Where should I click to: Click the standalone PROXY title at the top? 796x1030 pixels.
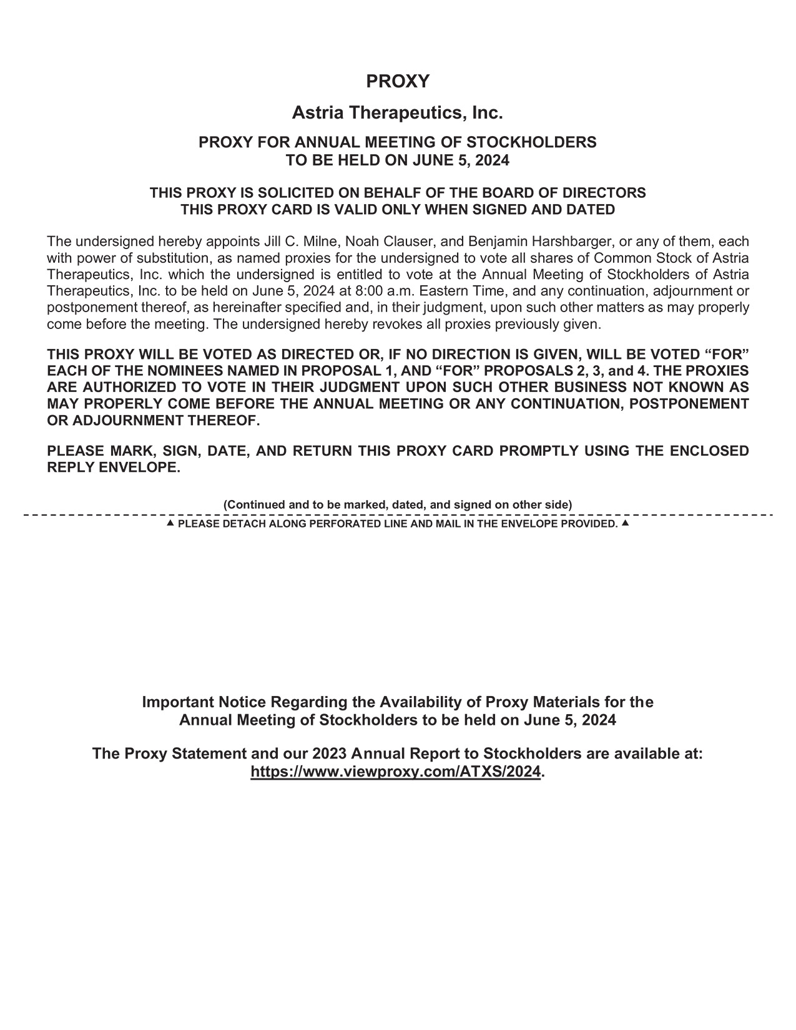pos(398,82)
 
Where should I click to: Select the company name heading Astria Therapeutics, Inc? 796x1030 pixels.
pos(398,114)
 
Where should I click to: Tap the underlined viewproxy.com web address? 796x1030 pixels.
pos(395,772)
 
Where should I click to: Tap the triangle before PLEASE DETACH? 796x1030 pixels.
pos(170,522)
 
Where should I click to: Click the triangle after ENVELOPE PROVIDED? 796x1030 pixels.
pos(626,522)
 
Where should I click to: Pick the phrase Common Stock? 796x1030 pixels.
pos(634,258)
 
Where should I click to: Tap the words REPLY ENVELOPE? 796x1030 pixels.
pos(114,468)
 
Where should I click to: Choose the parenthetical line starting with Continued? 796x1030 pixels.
pos(398,504)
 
